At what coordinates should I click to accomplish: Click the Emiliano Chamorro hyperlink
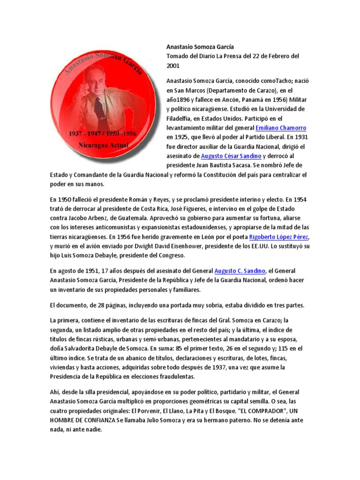coord(281,127)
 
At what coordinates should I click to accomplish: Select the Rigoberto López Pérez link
coord(279,236)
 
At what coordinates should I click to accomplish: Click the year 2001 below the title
coord(173,66)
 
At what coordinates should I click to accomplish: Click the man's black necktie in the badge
coord(99,108)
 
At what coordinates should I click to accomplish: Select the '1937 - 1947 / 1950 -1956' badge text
coord(103,134)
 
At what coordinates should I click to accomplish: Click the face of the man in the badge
coord(96,80)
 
